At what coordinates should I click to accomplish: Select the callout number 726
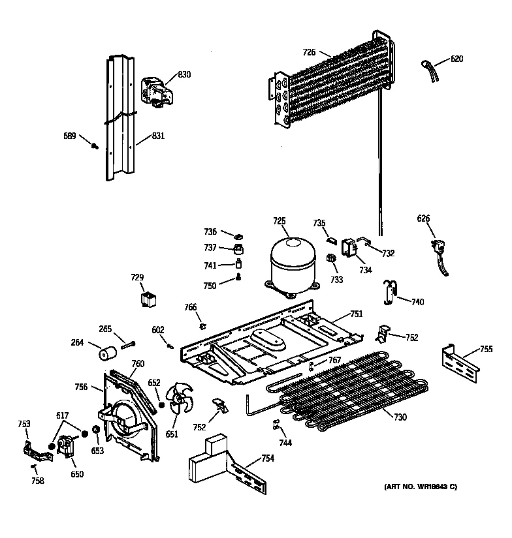click(x=309, y=52)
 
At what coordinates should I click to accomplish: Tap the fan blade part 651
click(x=179, y=400)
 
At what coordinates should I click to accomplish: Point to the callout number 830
click(x=184, y=74)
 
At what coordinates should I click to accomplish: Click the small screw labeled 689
click(x=96, y=146)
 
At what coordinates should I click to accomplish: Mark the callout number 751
click(x=356, y=314)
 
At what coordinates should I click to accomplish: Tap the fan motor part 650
click(x=67, y=447)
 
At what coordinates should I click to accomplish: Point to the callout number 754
click(x=268, y=458)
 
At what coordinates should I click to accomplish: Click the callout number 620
click(x=456, y=59)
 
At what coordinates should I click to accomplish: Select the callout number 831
click(x=157, y=136)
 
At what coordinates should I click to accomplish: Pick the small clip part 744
click(x=276, y=425)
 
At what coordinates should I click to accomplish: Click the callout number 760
click(x=138, y=364)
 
